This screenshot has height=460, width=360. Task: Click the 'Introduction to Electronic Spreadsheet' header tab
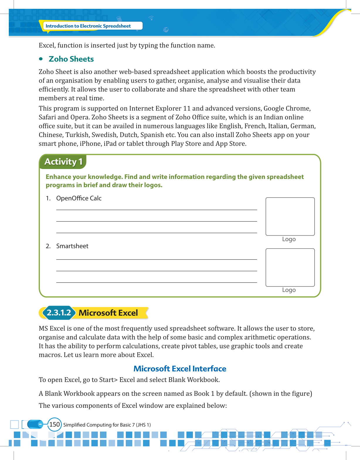88,26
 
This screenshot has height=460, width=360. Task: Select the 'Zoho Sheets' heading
71,59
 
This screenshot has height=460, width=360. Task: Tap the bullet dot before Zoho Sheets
41,59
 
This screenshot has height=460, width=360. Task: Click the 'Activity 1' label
63,162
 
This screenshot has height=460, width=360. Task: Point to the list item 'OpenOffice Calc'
79,198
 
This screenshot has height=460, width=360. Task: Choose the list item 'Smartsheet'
72,246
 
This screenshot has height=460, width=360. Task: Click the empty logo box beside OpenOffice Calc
290,217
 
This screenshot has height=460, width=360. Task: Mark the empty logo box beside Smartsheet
290,267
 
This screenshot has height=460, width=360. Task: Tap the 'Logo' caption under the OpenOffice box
289,239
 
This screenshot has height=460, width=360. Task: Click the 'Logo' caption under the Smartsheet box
289,290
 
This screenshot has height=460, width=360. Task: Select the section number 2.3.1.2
59,313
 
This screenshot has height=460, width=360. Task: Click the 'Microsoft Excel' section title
108,313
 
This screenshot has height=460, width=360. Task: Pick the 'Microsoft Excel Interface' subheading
180,368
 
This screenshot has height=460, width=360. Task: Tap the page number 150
55,425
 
